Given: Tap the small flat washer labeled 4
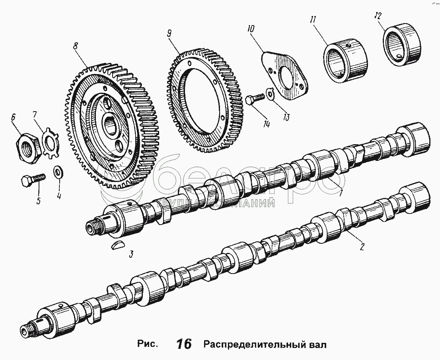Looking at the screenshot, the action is (x=58, y=172).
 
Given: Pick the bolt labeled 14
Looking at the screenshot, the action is (x=255, y=99).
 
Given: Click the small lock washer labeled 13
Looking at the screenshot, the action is (x=270, y=93).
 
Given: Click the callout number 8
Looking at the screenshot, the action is (x=76, y=46).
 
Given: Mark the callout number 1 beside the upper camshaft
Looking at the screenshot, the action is (x=341, y=194).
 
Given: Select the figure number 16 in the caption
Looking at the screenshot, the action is (x=184, y=344).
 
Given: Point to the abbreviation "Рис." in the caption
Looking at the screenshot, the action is (x=147, y=344).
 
